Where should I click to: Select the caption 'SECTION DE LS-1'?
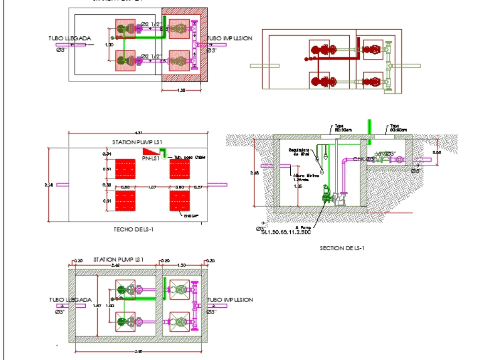(x=342, y=248)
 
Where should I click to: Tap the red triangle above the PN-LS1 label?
(x=149, y=151)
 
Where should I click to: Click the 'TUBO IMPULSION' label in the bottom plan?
(x=230, y=300)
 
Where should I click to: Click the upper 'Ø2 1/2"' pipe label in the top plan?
(x=153, y=23)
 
